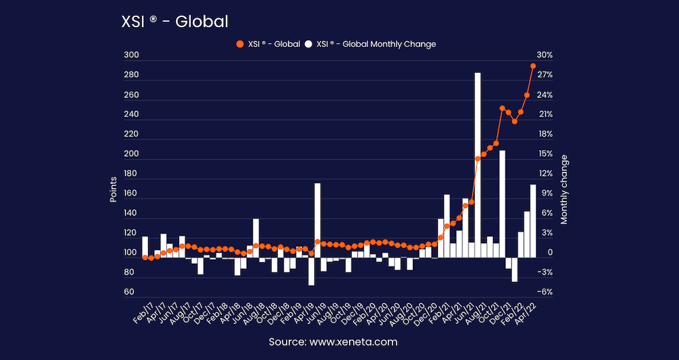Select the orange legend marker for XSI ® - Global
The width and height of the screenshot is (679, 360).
[x=239, y=44]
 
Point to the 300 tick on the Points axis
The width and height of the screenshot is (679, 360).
[x=131, y=56]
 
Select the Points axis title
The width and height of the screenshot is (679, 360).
[x=114, y=190]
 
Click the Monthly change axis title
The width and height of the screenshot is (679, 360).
[x=564, y=190]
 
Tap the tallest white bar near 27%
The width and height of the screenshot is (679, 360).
[x=477, y=163]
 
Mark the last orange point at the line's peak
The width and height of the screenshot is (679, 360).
[x=533, y=66]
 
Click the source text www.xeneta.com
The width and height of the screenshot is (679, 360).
[x=333, y=342]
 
